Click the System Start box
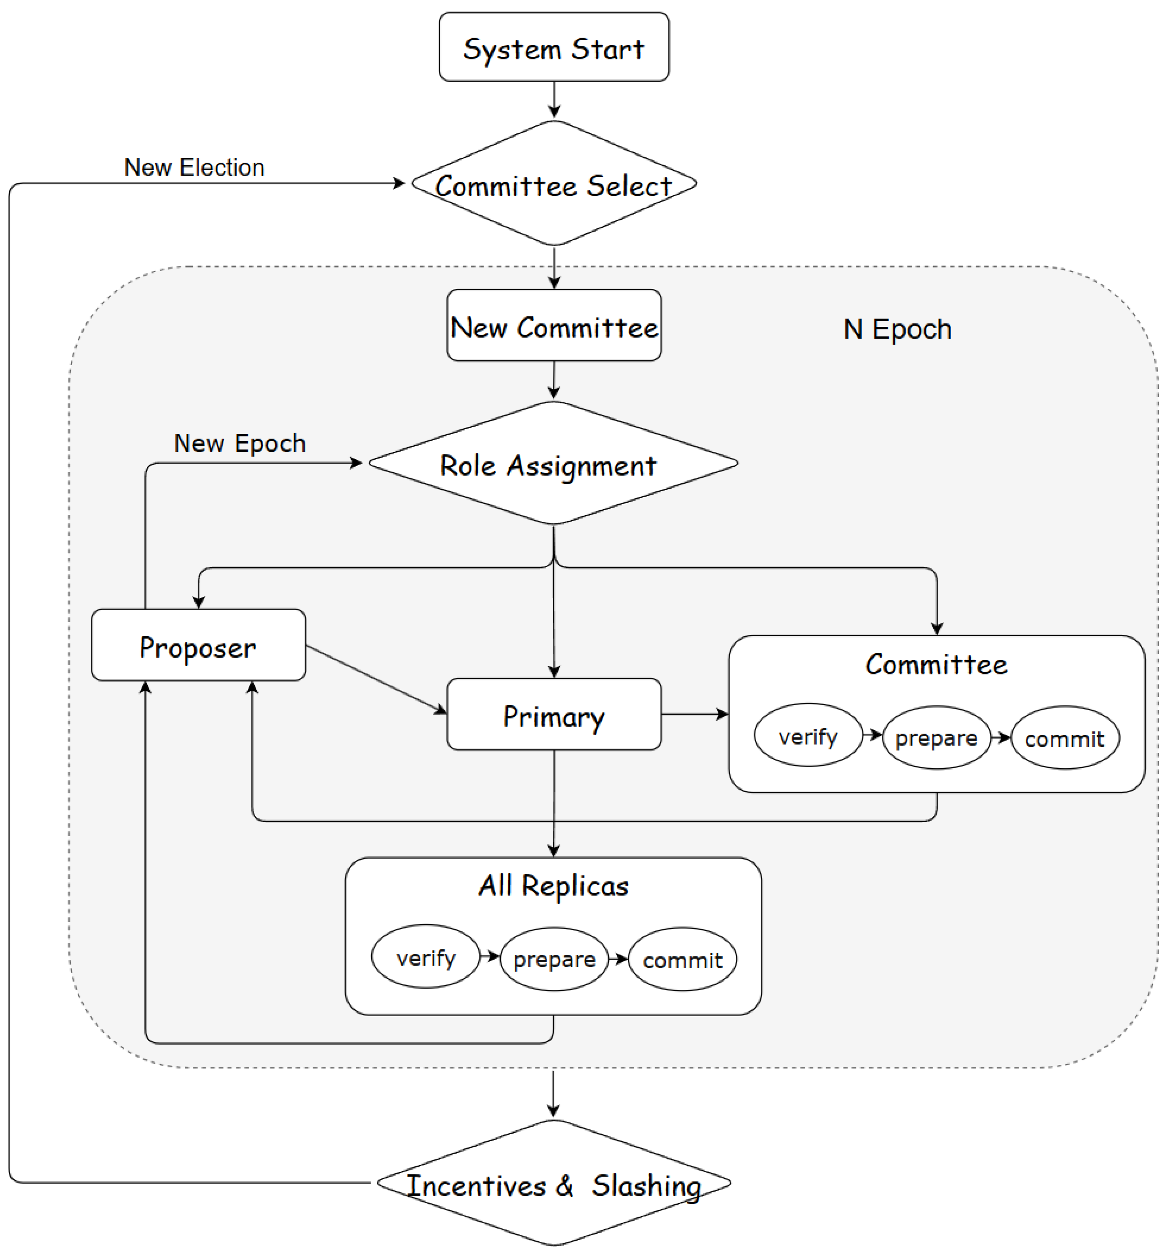(554, 47)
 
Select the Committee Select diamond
(554, 183)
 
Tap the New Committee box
(554, 325)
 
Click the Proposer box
(198, 645)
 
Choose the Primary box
(554, 714)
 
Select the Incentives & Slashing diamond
(554, 1182)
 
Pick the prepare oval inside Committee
(937, 737)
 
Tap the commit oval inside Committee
(1065, 737)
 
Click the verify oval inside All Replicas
(426, 956)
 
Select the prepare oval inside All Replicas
(554, 959)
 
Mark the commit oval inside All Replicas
(682, 959)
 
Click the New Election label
(194, 167)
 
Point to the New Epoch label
(240, 443)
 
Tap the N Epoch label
(897, 329)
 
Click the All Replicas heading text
(554, 885)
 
